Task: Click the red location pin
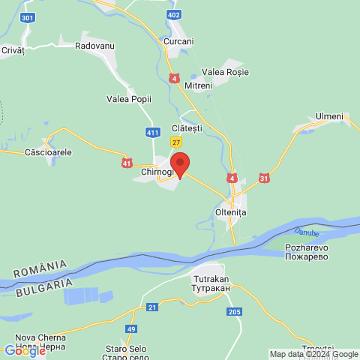[x=179, y=163]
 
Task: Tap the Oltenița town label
[x=231, y=212]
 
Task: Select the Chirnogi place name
[x=157, y=172]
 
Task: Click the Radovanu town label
[x=94, y=46]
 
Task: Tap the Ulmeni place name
[x=329, y=116]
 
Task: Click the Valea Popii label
[x=129, y=98]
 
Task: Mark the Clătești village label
[x=187, y=128]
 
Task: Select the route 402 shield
[x=175, y=15]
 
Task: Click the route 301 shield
[x=28, y=16]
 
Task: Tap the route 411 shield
[x=153, y=133]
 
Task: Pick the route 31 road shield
[x=263, y=178]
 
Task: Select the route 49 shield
[x=132, y=329]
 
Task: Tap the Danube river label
[x=306, y=233]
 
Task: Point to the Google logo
[x=24, y=350]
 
